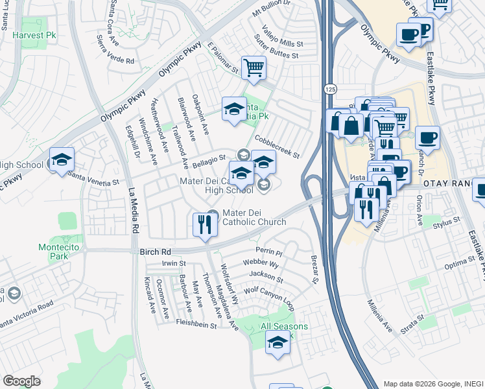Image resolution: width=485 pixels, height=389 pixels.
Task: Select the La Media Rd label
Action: point(134,211)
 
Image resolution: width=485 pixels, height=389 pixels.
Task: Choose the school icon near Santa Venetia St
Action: point(62,159)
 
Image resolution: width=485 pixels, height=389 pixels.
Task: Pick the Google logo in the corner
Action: point(21,381)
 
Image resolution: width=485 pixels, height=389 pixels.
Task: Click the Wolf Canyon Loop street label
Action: point(269,294)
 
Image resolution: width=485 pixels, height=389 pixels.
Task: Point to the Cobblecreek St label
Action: point(277,147)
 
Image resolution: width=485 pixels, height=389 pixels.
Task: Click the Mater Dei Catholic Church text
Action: point(254,217)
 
